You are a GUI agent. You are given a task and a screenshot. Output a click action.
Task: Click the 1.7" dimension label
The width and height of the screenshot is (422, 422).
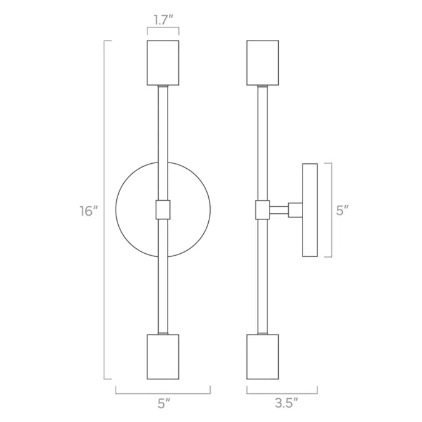[x=163, y=21]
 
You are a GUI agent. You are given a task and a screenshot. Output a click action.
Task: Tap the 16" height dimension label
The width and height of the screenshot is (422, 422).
[x=89, y=211]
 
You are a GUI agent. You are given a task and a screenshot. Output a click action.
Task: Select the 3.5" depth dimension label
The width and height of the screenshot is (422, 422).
[x=286, y=403]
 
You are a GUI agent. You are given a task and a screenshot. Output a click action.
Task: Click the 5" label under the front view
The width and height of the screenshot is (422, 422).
[x=164, y=404]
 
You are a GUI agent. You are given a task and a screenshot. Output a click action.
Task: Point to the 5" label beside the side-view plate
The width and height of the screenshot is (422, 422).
[x=343, y=210]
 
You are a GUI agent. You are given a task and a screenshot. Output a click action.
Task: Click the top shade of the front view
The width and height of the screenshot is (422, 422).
[x=163, y=63]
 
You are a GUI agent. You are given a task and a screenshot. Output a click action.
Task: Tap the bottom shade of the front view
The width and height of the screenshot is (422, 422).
[x=163, y=357]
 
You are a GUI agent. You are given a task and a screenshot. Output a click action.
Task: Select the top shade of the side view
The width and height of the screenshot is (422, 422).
[x=263, y=63]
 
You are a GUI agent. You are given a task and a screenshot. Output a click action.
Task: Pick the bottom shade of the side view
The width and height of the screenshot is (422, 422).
[x=263, y=357]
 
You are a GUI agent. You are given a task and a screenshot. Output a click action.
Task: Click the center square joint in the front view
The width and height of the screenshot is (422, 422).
[x=163, y=209]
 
